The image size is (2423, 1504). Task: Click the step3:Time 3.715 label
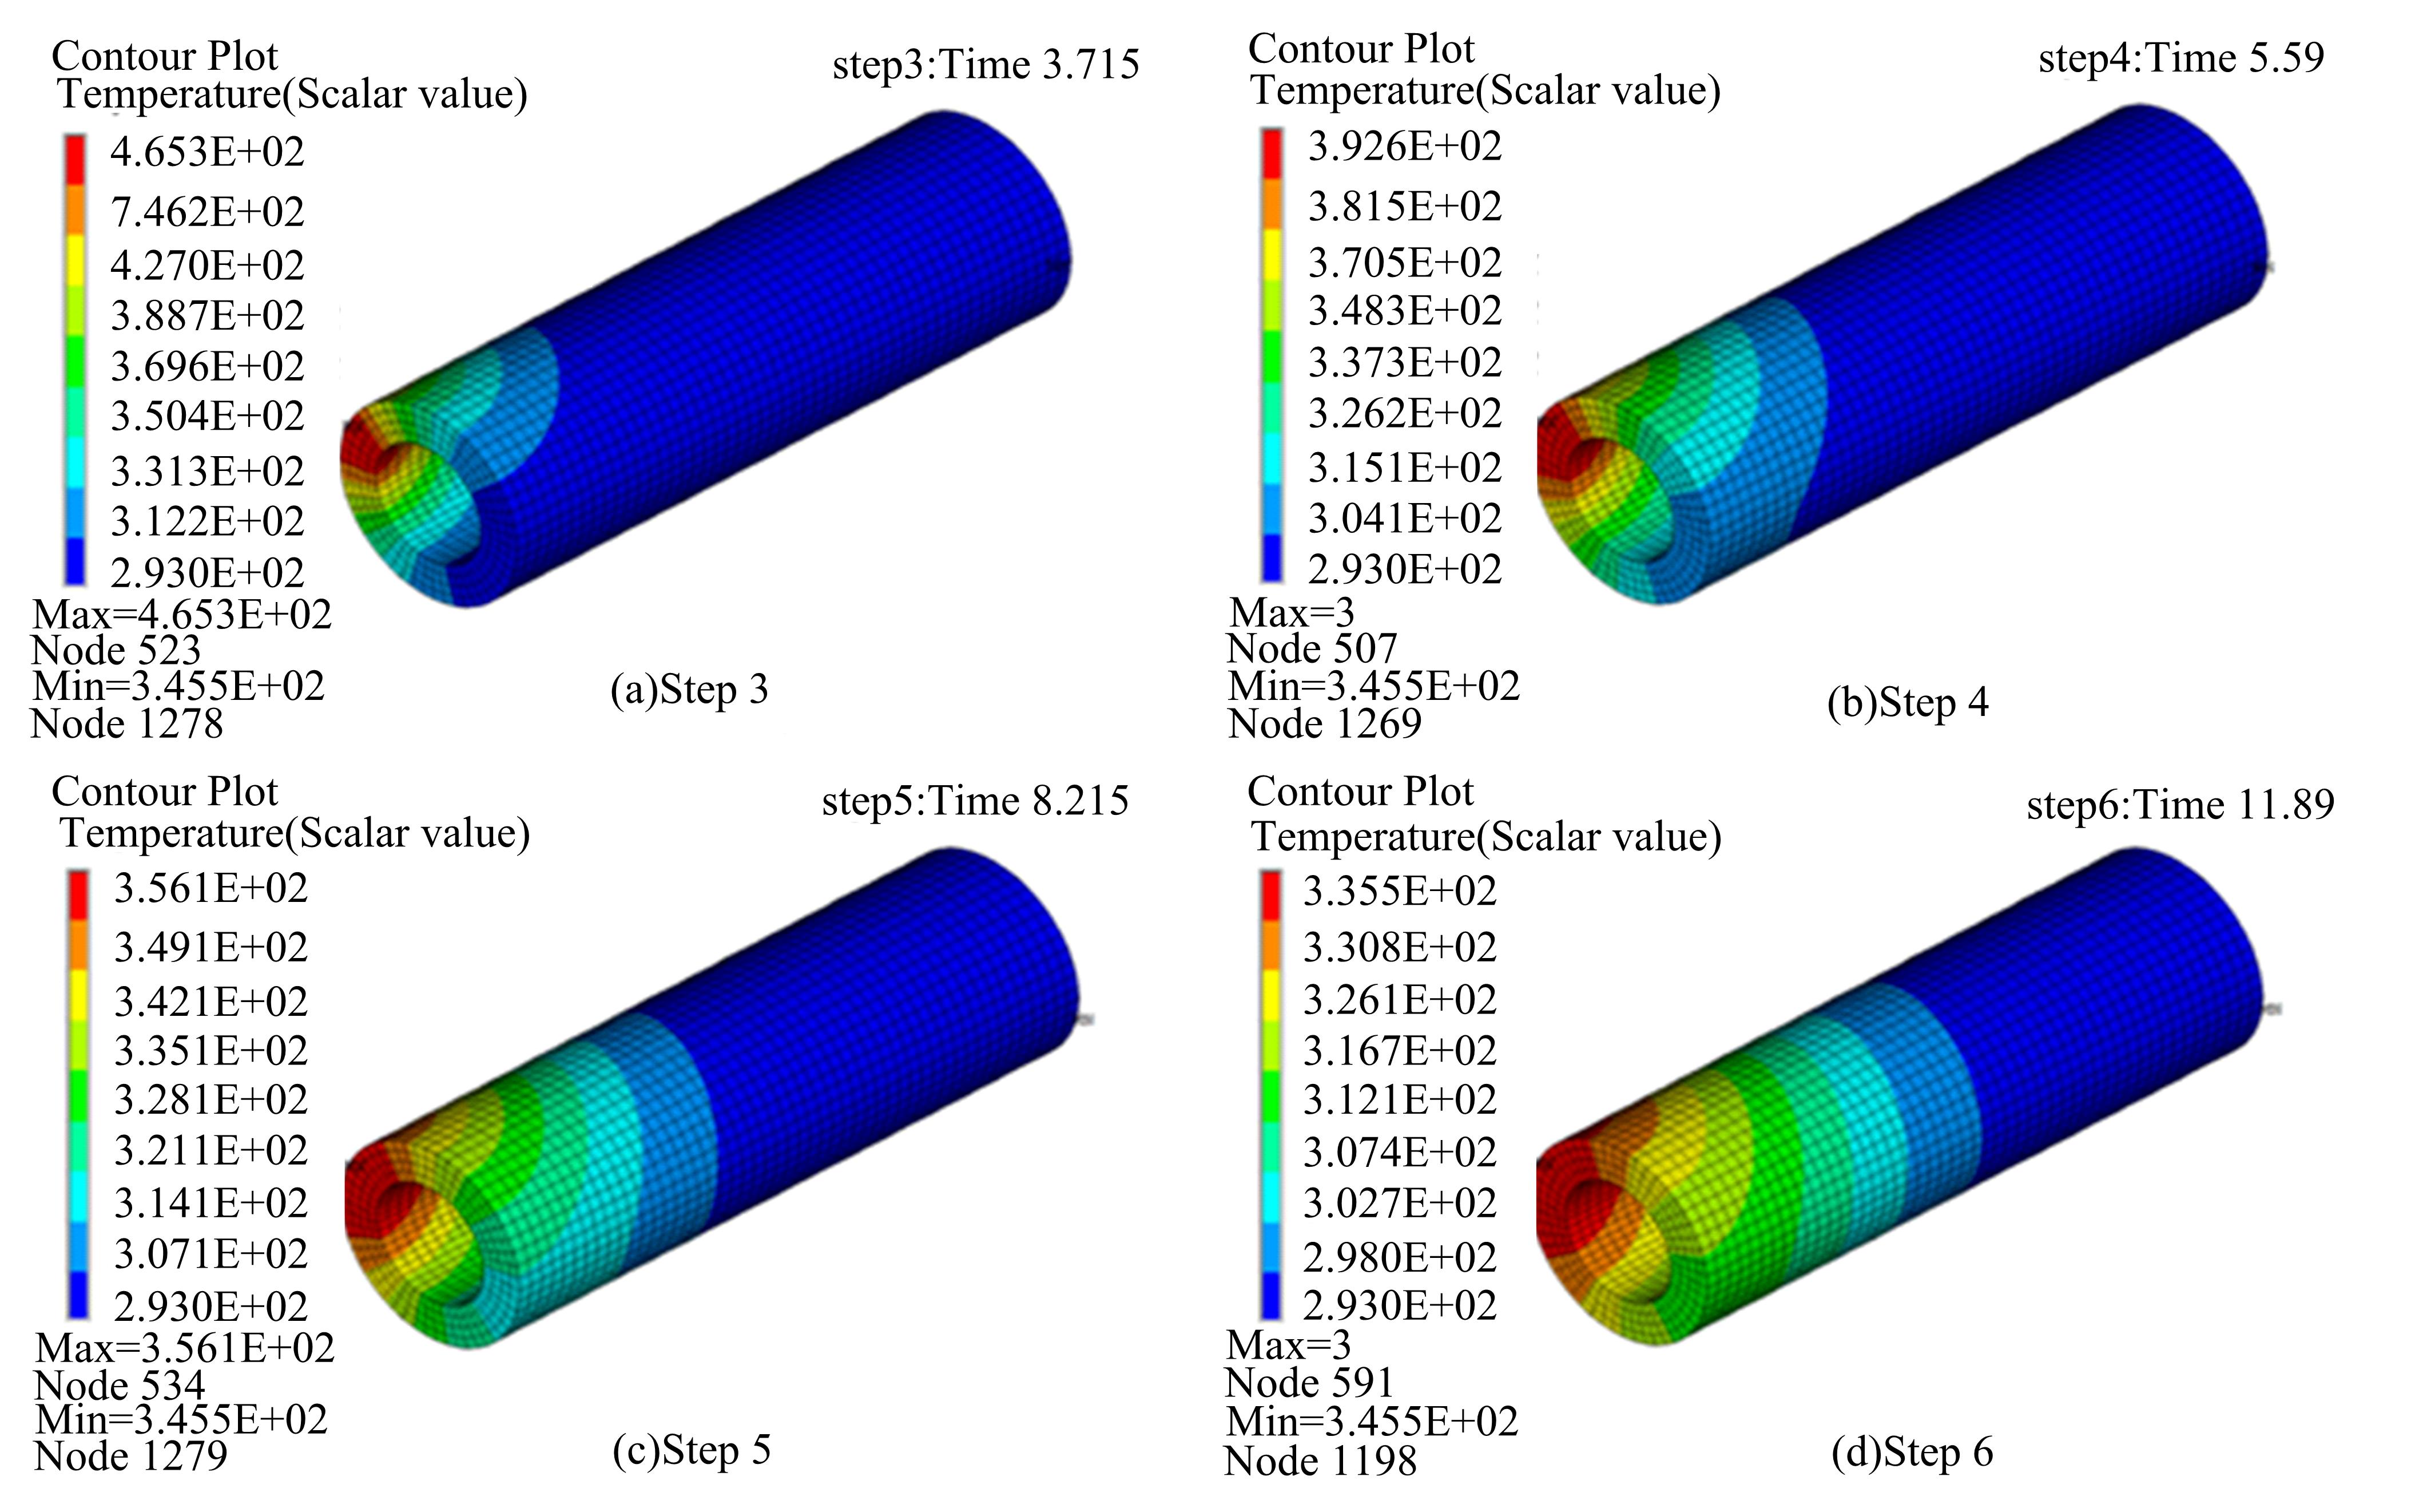point(986,65)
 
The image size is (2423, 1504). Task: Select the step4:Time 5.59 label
point(2182,58)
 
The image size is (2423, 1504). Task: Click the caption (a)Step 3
point(689,689)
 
